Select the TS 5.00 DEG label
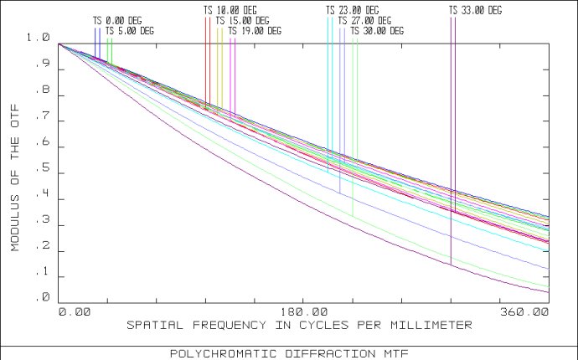pyautogui.click(x=130, y=31)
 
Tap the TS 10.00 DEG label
pyautogui.click(x=230, y=10)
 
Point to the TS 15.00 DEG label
pyautogui.click(x=242, y=20)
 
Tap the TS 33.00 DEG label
pyautogui.click(x=475, y=10)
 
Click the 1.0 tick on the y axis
pyautogui.click(x=39, y=38)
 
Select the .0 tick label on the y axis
pyautogui.click(x=44, y=298)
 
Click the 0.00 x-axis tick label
pyautogui.click(x=74, y=311)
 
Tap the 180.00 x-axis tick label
pyautogui.click(x=305, y=311)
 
